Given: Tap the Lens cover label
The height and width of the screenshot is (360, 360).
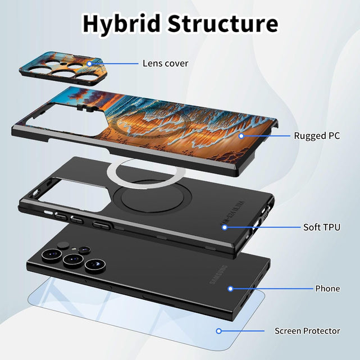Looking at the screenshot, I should click(x=165, y=63).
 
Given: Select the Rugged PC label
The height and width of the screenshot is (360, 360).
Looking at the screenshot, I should click(x=317, y=135).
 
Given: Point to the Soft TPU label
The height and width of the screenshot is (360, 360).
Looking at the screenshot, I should click(x=321, y=227).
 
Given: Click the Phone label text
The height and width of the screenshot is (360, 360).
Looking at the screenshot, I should click(x=327, y=288).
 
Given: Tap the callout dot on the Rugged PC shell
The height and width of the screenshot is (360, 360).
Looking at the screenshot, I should click(x=241, y=135).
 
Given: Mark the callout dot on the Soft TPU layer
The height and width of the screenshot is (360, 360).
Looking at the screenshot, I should click(x=224, y=227).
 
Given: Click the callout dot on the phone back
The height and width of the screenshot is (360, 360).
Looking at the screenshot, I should click(x=230, y=288).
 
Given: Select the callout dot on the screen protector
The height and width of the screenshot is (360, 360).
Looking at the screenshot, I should click(x=219, y=331).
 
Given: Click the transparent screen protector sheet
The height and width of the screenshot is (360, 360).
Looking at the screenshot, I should click(x=140, y=326).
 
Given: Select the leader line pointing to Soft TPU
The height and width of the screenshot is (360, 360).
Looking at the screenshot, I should click(x=264, y=227).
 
